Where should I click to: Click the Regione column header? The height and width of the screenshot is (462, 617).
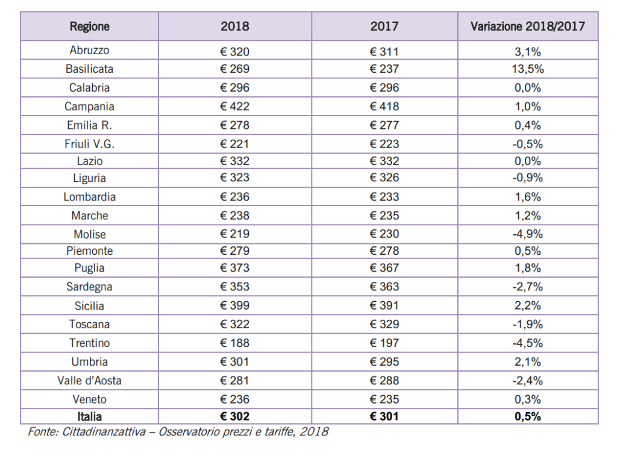89,27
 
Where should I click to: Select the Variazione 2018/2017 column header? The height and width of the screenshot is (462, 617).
528,27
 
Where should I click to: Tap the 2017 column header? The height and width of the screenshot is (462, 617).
384,27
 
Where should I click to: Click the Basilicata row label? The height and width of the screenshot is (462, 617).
89,69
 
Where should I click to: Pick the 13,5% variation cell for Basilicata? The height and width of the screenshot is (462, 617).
528,69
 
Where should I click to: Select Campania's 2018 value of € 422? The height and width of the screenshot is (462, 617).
234,106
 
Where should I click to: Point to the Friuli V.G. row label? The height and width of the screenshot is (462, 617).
89,144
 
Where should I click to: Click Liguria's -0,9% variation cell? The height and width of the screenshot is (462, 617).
528,178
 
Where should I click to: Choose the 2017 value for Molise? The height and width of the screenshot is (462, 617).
384,234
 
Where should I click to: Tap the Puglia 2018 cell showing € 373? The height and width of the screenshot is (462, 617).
234,267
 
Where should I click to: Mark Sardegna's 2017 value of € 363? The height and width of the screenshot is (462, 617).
384,287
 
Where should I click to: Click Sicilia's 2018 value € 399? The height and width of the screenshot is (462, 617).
234,305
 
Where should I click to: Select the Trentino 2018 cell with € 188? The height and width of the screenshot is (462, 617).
234,343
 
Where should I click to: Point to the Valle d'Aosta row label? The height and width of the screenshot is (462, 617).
89,381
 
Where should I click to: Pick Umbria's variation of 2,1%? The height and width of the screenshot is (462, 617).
528,361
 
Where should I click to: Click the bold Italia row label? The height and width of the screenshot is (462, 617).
89,416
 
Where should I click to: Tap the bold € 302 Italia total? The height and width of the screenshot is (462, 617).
234,416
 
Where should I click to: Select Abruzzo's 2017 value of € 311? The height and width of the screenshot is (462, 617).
384,52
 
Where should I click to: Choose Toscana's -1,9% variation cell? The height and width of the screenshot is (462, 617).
528,324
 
